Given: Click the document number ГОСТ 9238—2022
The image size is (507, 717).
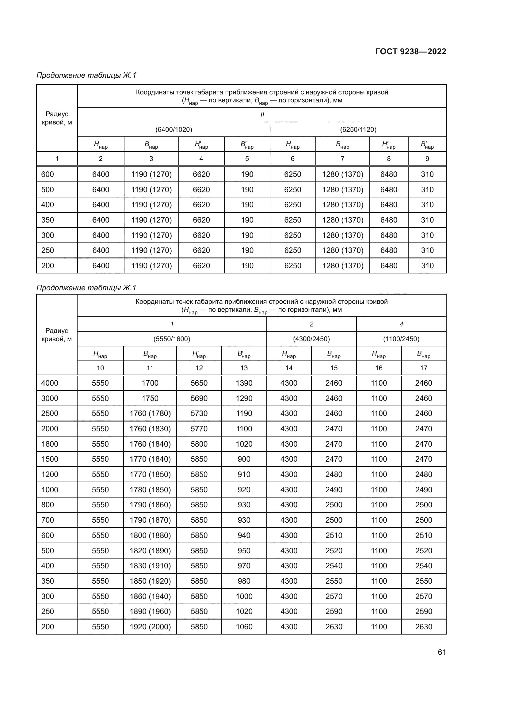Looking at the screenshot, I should (x=410, y=51).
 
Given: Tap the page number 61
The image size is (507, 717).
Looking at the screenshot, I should (x=442, y=652).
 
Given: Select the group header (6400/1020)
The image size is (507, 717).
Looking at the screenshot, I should (x=173, y=130).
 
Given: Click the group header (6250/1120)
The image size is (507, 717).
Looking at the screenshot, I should (x=358, y=130).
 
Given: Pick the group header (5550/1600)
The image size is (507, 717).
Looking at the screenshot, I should (x=172, y=339).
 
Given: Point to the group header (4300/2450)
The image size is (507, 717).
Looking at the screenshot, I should (x=311, y=339).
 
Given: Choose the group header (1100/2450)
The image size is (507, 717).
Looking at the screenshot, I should (x=401, y=339).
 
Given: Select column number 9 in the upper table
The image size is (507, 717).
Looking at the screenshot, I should (x=427, y=159).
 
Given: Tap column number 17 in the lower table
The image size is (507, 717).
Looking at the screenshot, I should (x=423, y=368).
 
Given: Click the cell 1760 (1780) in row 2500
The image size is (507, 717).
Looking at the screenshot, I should (x=150, y=414).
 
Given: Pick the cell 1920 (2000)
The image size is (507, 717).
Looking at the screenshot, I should (x=150, y=627).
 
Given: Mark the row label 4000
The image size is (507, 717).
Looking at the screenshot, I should (x=50, y=383).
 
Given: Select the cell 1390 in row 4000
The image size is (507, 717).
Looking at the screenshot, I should (x=244, y=383).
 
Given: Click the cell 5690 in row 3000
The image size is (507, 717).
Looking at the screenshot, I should (x=199, y=399).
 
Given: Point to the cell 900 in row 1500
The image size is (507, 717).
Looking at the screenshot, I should (x=244, y=459).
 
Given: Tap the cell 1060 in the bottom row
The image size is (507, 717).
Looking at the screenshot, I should (x=244, y=627).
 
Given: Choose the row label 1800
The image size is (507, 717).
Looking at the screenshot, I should (x=50, y=444).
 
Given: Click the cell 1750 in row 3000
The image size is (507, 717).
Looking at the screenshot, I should (x=150, y=399).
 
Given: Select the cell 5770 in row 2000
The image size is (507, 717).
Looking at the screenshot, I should (x=199, y=429).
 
